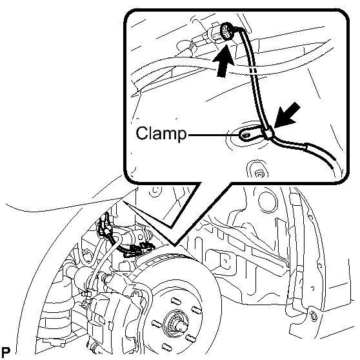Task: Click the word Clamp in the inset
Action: (161, 133)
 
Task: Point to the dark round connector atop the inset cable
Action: (227, 32)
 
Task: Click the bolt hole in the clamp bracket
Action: (245, 135)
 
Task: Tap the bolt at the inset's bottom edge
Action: (259, 174)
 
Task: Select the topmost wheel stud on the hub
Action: (176, 301)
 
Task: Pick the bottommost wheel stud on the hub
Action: (166, 347)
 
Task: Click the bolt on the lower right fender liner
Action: (314, 317)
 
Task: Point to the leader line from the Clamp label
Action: (214, 135)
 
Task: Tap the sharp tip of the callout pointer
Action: (124, 201)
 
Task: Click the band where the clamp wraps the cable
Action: (268, 134)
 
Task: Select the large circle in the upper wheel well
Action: (267, 200)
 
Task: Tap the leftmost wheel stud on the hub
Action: (157, 324)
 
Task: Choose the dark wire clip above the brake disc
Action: (138, 248)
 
